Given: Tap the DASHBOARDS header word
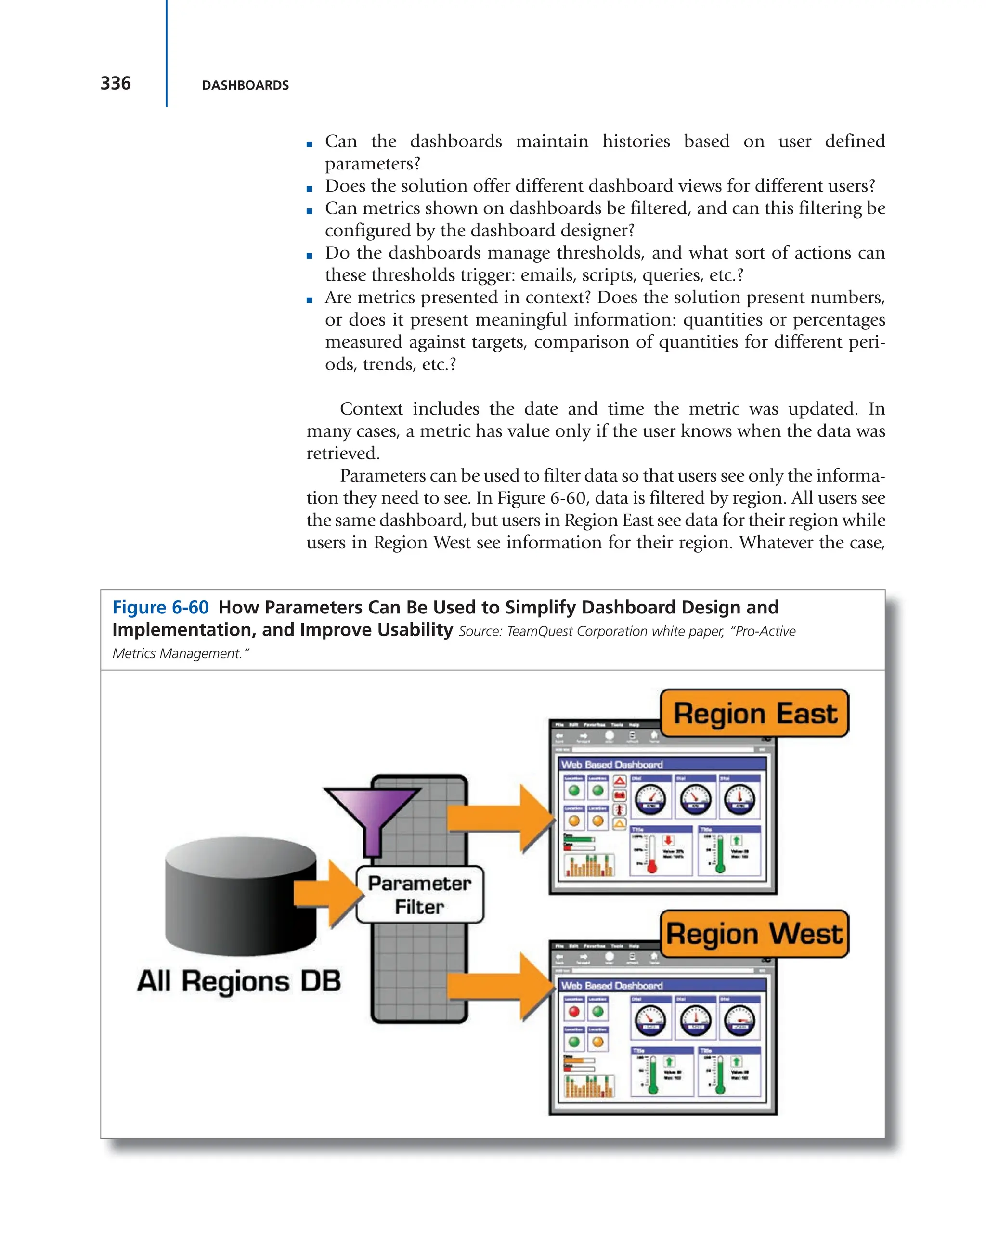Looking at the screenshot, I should [x=245, y=86].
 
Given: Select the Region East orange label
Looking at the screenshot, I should [x=754, y=713].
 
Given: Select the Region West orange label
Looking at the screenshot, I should [x=754, y=934].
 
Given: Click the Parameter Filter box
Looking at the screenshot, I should [x=419, y=895].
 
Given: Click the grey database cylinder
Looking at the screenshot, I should [x=240, y=895].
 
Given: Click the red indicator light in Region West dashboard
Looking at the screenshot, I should [x=573, y=1012].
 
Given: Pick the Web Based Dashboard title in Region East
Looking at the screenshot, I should [x=611, y=764].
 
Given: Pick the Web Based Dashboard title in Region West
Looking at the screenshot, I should [x=611, y=985].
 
